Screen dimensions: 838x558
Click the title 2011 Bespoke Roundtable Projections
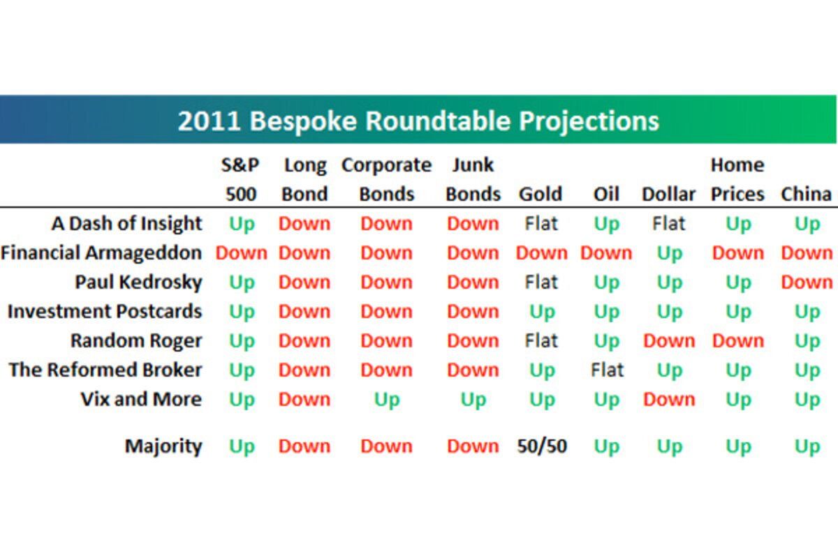[418, 121]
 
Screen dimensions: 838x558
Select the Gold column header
[541, 194]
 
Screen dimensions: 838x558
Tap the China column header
[806, 194]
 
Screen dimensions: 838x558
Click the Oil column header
[606, 194]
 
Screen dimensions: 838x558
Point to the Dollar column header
[669, 194]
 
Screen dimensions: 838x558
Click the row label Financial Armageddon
[101, 253]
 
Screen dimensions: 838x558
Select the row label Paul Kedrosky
[139, 282]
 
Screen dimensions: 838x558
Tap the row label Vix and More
[141, 399]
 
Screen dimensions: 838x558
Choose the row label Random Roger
[137, 341]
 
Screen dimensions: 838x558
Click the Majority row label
[163, 446]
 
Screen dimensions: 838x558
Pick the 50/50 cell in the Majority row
[542, 446]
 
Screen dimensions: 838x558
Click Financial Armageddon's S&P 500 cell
[242, 253]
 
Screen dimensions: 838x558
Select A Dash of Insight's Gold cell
[541, 223]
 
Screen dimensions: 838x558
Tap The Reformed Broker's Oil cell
[607, 370]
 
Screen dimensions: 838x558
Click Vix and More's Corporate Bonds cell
[387, 400]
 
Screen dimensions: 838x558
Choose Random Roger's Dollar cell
[669, 341]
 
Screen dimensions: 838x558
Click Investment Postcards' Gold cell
[542, 312]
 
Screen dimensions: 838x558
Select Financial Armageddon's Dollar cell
[670, 254]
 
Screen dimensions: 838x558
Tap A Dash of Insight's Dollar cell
[669, 223]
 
